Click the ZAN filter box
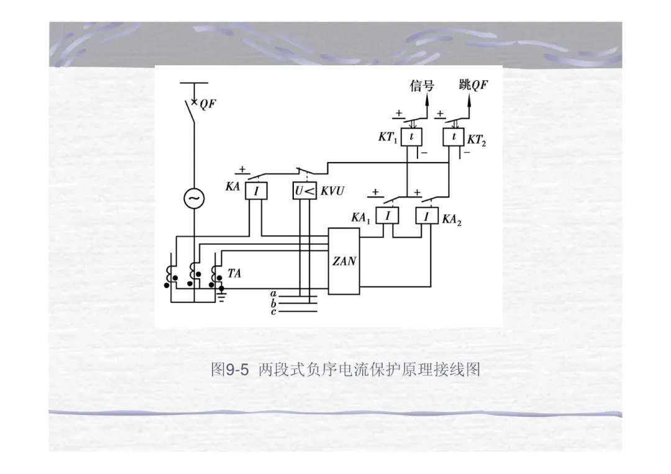(x=344, y=261)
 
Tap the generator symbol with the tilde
(x=193, y=198)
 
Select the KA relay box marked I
(x=255, y=190)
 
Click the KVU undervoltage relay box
(x=305, y=190)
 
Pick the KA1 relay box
(x=388, y=216)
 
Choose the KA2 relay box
(x=427, y=216)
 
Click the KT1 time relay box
(x=411, y=137)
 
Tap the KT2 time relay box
(x=454, y=137)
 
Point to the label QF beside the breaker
(x=208, y=104)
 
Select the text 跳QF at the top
(x=473, y=85)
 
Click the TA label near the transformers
(x=234, y=272)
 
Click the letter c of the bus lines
(x=273, y=311)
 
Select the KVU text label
(x=333, y=191)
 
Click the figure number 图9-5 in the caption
(x=230, y=371)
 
